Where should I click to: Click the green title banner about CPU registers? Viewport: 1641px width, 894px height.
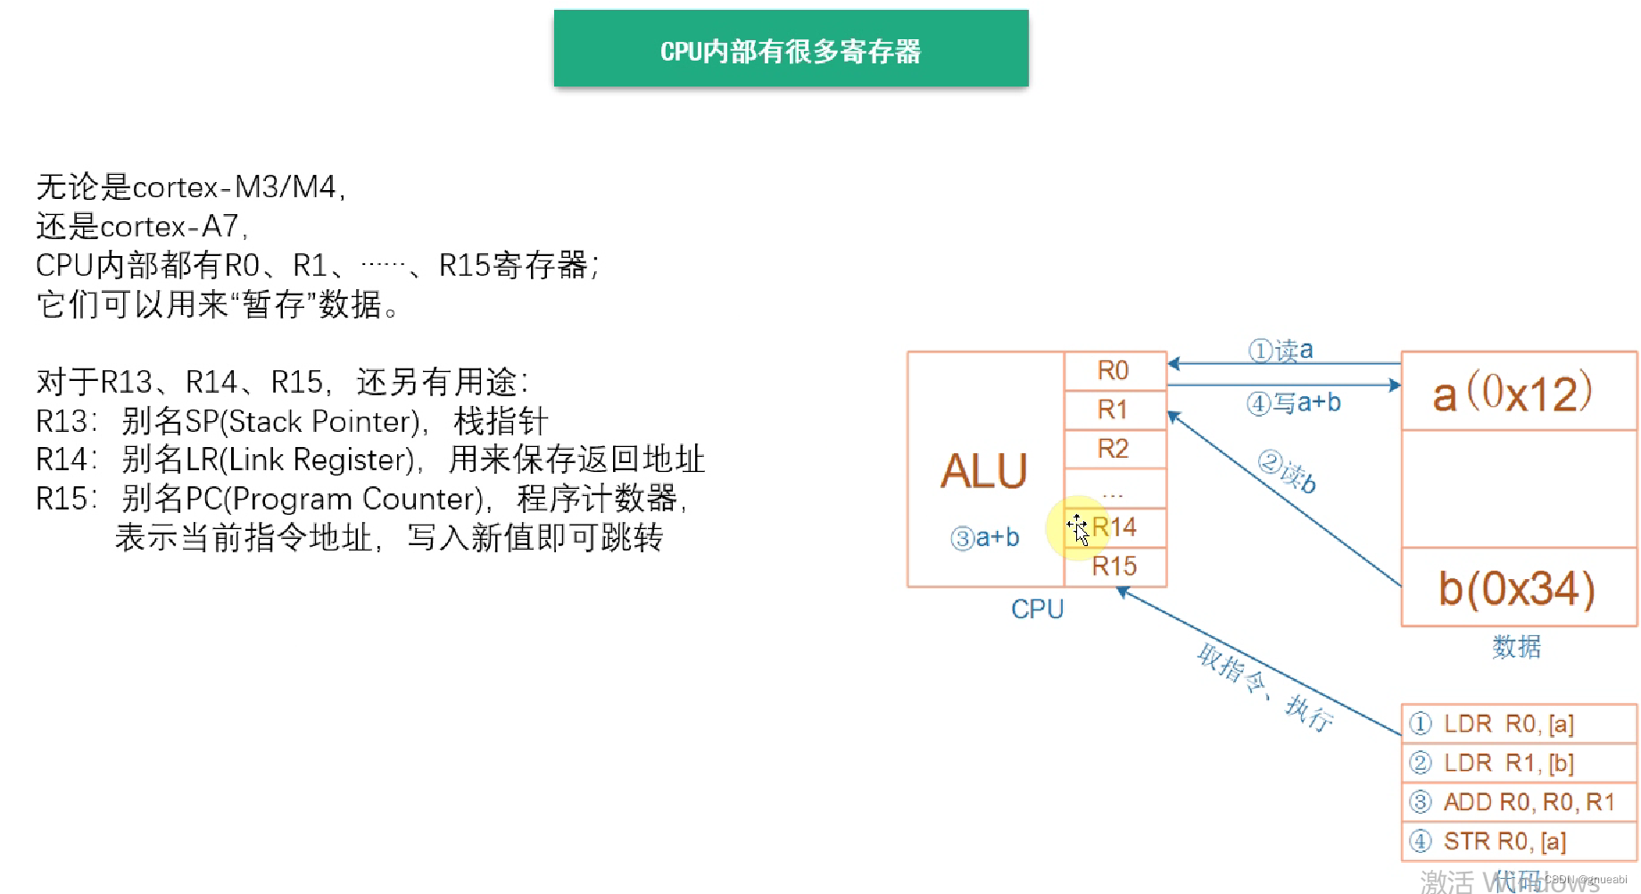pos(791,49)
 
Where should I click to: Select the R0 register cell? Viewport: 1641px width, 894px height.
pos(1114,370)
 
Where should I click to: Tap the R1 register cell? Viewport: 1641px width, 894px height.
pos(1114,410)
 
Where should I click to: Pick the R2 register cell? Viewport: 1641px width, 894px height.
pos(1114,448)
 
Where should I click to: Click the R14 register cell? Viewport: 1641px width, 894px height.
pos(1115,527)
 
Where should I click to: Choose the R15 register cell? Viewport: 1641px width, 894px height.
pos(1115,566)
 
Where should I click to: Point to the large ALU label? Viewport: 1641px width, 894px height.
pos(984,471)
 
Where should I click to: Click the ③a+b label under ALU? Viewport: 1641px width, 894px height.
pos(985,538)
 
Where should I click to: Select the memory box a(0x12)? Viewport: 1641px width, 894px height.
pos(1519,392)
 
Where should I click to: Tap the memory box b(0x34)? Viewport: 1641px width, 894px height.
pos(1518,588)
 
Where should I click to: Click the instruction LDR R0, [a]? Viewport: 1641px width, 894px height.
pos(1508,724)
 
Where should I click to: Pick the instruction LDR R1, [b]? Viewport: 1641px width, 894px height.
pos(1508,763)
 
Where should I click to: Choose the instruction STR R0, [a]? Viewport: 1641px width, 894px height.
pos(1504,841)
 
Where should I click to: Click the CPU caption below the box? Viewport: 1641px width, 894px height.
pos(1037,609)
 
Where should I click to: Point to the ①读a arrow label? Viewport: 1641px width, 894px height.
pos(1280,350)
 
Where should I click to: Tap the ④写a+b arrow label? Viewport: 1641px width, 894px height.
pos(1294,403)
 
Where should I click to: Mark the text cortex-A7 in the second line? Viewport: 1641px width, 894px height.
pos(169,227)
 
